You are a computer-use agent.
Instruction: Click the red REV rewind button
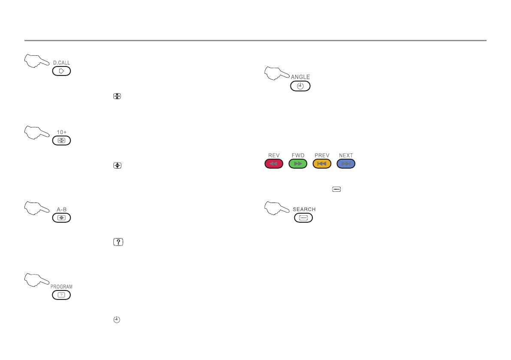click(274, 163)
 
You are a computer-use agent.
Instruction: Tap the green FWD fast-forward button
click(298, 163)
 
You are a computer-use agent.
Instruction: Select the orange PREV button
click(322, 163)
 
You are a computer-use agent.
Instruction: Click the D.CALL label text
click(62, 63)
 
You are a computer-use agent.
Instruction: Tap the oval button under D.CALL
click(62, 71)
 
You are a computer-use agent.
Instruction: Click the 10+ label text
click(62, 132)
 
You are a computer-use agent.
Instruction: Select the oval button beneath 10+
click(62, 140)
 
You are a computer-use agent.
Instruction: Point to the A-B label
click(62, 209)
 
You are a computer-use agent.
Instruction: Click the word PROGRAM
click(61, 287)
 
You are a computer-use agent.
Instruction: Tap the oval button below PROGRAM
click(61, 295)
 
